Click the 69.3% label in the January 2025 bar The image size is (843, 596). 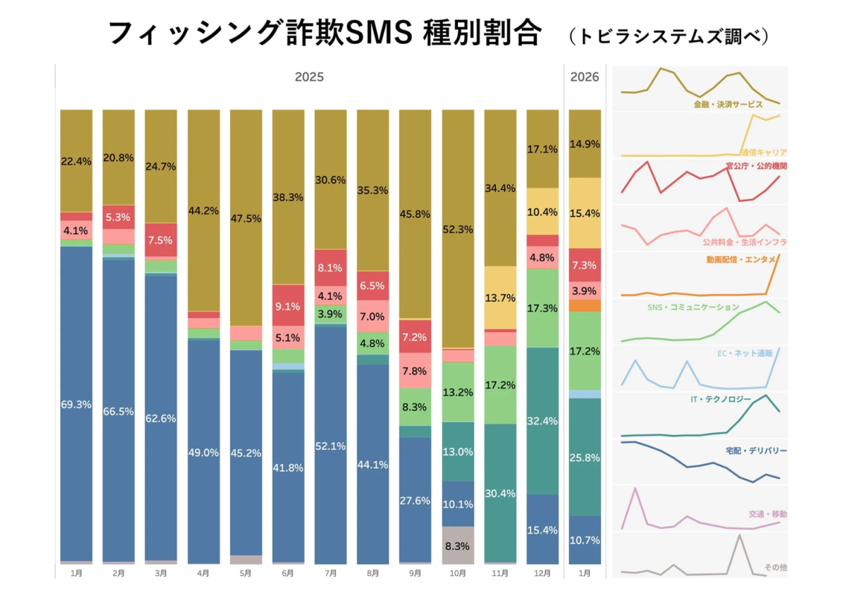[76, 405]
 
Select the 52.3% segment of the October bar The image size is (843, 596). [457, 229]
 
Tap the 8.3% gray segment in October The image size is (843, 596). [457, 545]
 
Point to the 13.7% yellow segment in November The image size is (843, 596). [500, 297]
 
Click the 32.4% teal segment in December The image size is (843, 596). [542, 421]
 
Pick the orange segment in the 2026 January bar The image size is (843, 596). [585, 305]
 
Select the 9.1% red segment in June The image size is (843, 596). [288, 305]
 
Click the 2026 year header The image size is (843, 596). [585, 77]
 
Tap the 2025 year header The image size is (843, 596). [309, 77]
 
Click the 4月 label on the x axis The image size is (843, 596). [203, 573]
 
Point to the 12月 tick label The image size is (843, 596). [542, 573]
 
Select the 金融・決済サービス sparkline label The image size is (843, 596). [728, 104]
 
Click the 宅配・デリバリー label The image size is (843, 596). [755, 451]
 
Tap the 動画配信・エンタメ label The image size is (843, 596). [742, 259]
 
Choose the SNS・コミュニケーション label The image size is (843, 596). [694, 307]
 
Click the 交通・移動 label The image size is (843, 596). [768, 514]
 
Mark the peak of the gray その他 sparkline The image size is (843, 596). [739, 535]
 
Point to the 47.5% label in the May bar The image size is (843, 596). [246, 218]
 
